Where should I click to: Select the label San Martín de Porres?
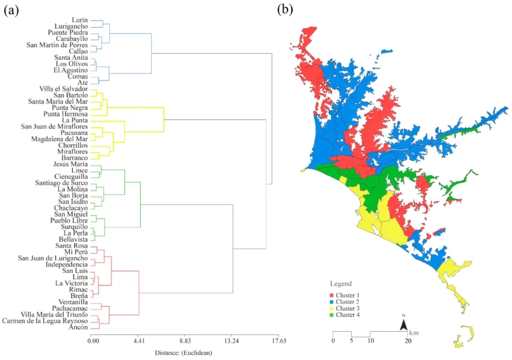coord(56,45)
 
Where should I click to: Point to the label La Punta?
coord(75,120)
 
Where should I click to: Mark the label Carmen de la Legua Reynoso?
coord(45,321)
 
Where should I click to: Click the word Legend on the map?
coord(340,283)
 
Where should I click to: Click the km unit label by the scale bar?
coord(415,333)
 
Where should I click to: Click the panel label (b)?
coord(285,8)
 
